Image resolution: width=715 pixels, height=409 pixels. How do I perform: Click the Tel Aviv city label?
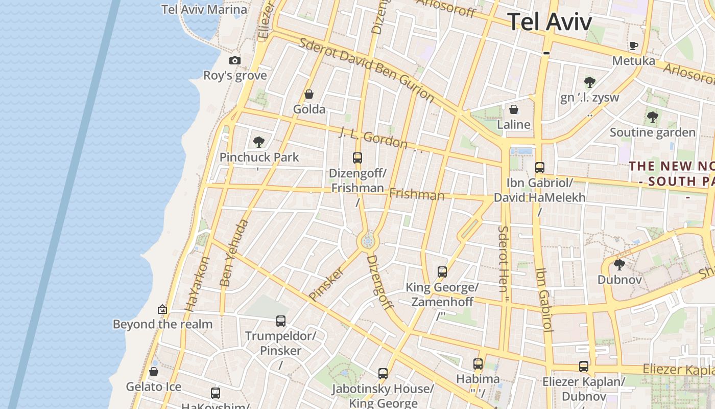(x=550, y=22)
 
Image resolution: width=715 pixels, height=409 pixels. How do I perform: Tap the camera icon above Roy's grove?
(x=235, y=60)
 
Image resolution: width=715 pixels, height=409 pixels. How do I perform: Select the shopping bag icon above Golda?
(x=308, y=94)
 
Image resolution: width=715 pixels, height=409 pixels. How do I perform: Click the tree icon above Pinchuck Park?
(x=259, y=142)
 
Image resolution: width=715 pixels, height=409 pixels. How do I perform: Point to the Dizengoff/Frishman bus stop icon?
(x=357, y=158)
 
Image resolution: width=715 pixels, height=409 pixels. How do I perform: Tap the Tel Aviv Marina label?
(x=204, y=9)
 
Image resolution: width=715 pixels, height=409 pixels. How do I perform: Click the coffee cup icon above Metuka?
(x=634, y=46)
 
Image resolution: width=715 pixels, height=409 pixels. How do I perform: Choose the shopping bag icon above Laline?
(x=514, y=109)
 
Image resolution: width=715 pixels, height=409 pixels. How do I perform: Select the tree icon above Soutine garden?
(x=652, y=117)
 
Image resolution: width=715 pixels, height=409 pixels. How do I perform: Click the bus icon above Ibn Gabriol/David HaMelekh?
(x=539, y=167)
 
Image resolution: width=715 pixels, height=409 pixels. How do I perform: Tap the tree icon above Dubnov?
(x=619, y=264)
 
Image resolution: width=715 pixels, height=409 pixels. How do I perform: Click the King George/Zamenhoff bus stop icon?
(x=442, y=272)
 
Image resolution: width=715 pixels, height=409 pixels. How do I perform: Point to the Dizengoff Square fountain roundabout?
(x=367, y=241)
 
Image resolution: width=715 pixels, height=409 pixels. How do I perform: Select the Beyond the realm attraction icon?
(x=162, y=309)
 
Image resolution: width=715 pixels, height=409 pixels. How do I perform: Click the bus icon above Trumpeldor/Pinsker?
(x=280, y=321)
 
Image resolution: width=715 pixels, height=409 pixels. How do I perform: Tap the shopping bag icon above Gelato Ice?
(x=154, y=371)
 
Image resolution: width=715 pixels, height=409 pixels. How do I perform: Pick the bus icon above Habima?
(x=478, y=363)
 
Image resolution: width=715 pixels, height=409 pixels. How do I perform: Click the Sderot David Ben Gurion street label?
(x=366, y=70)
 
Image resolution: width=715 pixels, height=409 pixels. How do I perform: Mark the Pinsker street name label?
(x=326, y=283)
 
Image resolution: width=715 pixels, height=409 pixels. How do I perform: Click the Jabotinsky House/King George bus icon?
(x=383, y=373)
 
